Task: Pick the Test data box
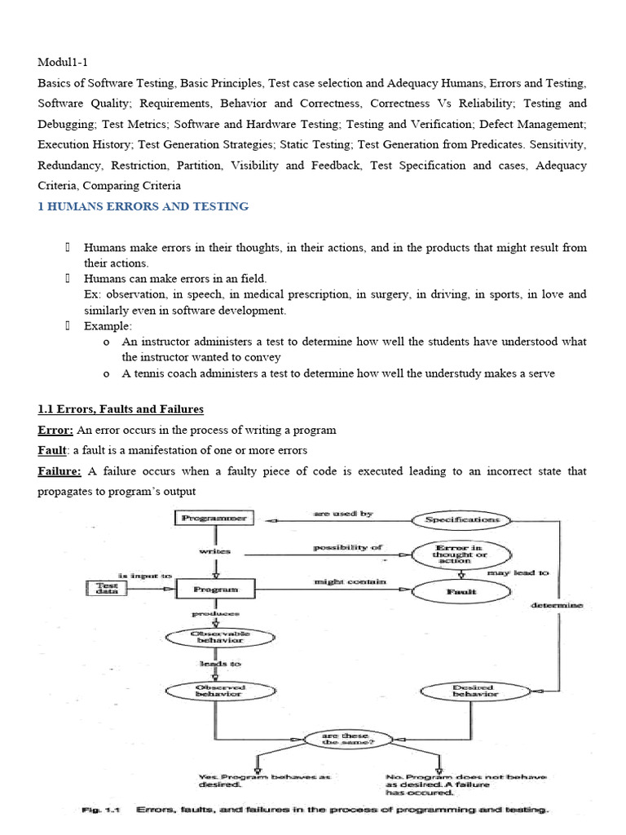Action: pyautogui.click(x=108, y=587)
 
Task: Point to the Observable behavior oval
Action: pyautogui.click(x=215, y=637)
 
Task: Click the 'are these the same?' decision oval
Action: pyautogui.click(x=337, y=740)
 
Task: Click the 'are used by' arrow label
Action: pyautogui.click(x=343, y=514)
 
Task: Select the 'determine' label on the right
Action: pyautogui.click(x=556, y=604)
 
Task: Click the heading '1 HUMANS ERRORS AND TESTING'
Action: pyautogui.click(x=143, y=206)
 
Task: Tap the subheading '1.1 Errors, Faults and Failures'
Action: pyautogui.click(x=121, y=409)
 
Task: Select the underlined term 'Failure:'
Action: pyautogui.click(x=60, y=471)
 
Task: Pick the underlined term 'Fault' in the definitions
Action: pyautogui.click(x=52, y=450)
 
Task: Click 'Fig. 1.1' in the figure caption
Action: pyautogui.click(x=100, y=810)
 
